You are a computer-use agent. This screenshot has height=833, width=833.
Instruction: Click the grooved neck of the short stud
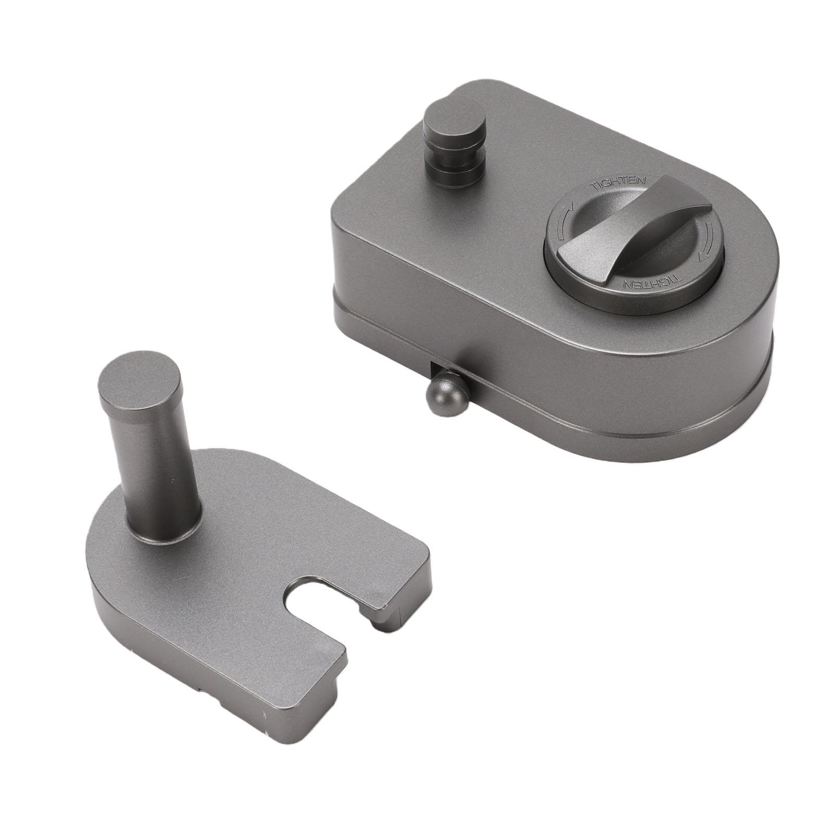(453, 156)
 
